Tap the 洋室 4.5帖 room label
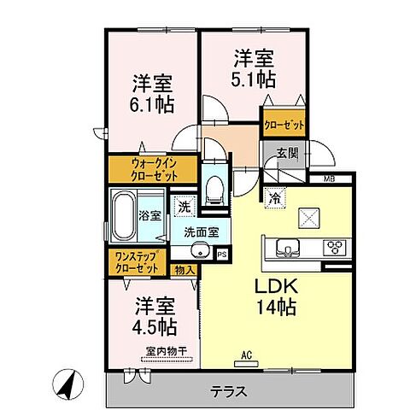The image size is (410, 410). pos(155,316)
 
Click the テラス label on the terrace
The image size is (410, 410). pos(230,392)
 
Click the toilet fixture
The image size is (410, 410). pos(214,184)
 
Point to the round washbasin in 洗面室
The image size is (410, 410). pos(200,252)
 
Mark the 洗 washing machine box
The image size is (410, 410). pos(184,206)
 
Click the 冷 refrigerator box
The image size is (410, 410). pos(276,196)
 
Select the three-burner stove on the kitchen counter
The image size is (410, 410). pos(333,249)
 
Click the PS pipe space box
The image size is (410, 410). pos(222,254)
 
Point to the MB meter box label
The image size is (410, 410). pos(328,179)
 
